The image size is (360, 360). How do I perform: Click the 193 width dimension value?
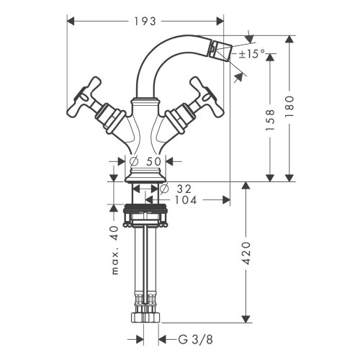click(x=145, y=20)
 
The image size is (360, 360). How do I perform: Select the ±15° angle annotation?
click(x=252, y=54)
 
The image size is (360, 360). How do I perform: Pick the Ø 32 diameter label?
click(x=177, y=189)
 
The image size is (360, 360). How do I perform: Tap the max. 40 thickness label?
click(x=114, y=250)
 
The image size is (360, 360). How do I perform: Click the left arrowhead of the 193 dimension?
click(x=70, y=20)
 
